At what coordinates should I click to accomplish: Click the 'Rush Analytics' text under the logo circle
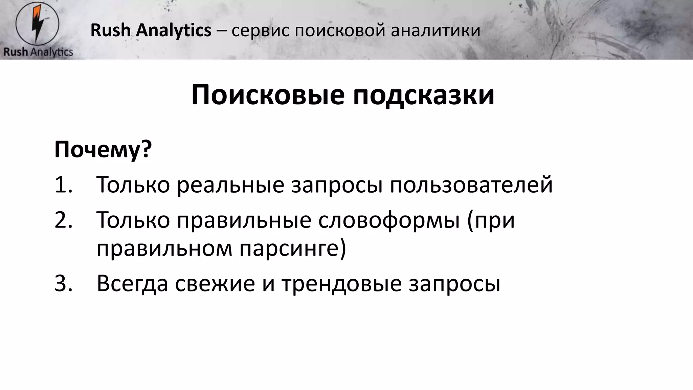(38, 52)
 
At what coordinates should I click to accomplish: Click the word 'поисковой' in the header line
(340, 30)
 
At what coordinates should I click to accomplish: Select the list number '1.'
(64, 185)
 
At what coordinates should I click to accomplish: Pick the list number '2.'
(64, 220)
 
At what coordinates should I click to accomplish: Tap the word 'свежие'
(215, 284)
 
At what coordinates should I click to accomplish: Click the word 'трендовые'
(342, 284)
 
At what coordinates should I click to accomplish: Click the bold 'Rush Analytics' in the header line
(151, 30)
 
